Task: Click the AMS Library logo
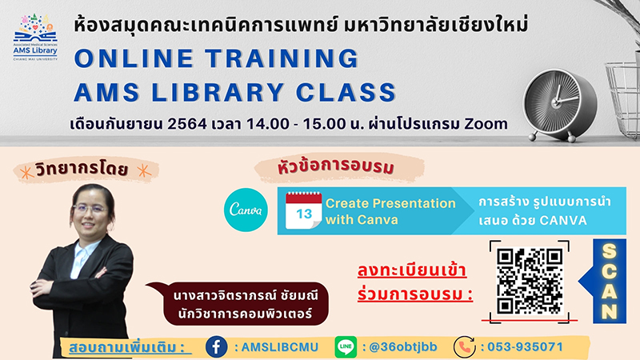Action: click(35, 38)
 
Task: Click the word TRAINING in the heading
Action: click(282, 58)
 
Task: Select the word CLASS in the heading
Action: click(346, 92)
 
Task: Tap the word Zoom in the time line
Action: click(486, 123)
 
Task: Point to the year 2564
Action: click(187, 124)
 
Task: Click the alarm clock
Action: click(560, 105)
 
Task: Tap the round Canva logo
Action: click(246, 210)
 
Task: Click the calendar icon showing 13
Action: click(303, 210)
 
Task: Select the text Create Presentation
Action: click(390, 203)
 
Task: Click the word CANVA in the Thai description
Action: click(563, 221)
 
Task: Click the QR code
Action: click(530, 282)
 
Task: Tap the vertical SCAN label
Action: click(609, 282)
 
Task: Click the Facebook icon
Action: click(216, 347)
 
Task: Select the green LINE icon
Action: click(346, 347)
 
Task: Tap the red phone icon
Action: click(465, 347)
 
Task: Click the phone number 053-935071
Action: click(525, 347)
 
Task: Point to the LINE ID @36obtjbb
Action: click(402, 347)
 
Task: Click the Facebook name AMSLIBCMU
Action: click(279, 347)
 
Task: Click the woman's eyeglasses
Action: click(90, 210)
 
